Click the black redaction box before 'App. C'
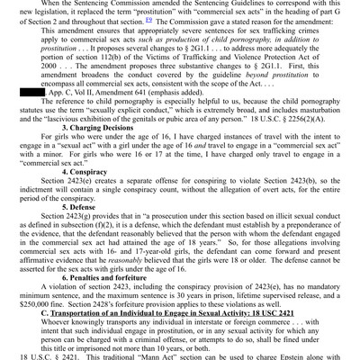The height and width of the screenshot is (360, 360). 31,91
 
